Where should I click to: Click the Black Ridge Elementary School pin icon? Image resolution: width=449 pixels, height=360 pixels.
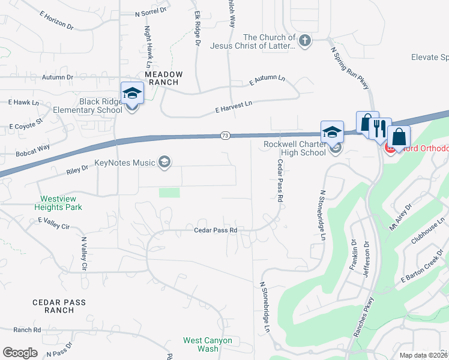132,94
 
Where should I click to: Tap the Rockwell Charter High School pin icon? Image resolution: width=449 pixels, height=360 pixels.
332,133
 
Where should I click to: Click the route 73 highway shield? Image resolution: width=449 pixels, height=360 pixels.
224,136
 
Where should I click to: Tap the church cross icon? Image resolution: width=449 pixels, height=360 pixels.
305,41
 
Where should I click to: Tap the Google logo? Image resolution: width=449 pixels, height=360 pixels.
20,352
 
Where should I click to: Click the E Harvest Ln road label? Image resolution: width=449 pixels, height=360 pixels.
233,107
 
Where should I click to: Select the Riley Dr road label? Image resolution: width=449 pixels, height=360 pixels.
77,171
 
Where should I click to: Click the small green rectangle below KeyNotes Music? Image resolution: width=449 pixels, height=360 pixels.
170,193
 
